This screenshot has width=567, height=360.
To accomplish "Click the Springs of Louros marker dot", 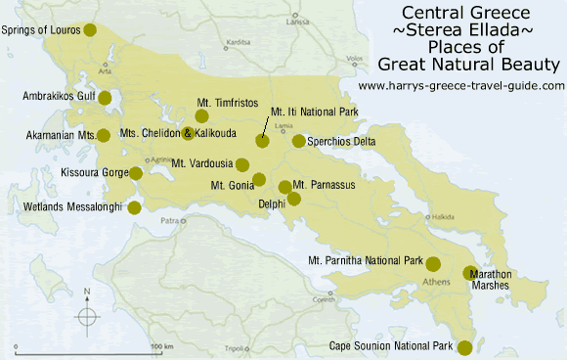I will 91,30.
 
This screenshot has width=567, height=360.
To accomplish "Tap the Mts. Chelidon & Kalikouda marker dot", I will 188,133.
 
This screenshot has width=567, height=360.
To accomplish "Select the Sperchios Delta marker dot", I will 298,141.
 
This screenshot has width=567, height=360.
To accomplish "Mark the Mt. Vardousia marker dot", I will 242,163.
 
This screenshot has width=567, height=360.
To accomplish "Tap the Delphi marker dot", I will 292,201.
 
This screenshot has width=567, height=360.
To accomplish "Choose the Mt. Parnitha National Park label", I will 365,261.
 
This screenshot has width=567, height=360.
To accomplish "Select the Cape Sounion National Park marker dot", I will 464,347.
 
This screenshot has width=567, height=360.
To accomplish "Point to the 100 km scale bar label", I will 161,347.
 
